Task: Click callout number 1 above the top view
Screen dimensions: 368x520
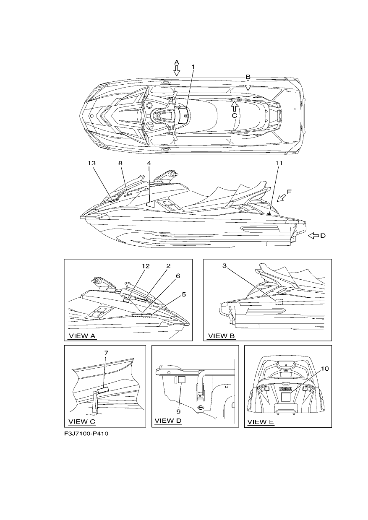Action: coord(193,67)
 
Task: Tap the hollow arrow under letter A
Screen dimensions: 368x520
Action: coord(177,71)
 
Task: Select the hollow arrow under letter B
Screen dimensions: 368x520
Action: coord(248,85)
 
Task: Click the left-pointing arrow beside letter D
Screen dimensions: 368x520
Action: coord(313,236)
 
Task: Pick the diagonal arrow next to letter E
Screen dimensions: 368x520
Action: coord(282,198)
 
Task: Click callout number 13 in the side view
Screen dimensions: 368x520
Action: coord(91,163)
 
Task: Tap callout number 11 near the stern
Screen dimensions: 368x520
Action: coord(279,163)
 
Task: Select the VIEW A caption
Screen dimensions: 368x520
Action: coord(82,335)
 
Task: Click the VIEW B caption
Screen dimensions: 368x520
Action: coord(222,335)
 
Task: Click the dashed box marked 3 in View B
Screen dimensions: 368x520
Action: coord(279,302)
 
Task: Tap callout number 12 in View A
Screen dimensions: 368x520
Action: coord(146,266)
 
